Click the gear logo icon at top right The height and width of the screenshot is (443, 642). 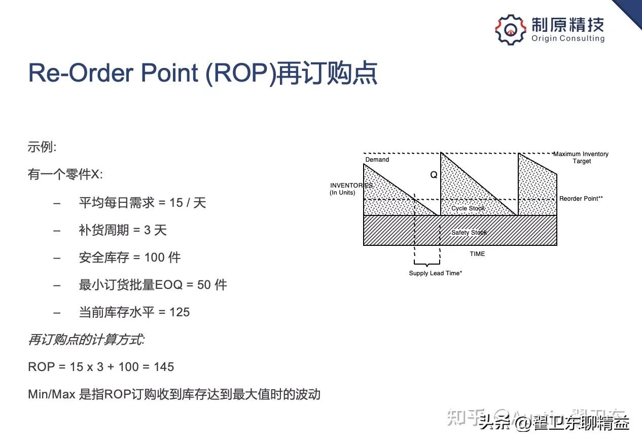click(x=511, y=29)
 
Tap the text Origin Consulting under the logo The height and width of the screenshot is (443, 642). click(x=568, y=39)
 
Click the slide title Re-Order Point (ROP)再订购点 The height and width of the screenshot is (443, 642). click(x=202, y=73)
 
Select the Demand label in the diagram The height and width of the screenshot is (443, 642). click(x=377, y=160)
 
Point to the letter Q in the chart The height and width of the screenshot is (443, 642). click(x=434, y=175)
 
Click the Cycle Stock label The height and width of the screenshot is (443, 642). click(x=468, y=208)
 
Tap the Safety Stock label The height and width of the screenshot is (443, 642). click(x=469, y=233)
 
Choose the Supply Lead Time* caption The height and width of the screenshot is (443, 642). click(x=435, y=273)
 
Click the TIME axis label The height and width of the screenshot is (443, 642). click(x=477, y=254)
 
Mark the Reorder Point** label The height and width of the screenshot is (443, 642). click(x=581, y=199)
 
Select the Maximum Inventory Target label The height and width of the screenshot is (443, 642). click(x=581, y=158)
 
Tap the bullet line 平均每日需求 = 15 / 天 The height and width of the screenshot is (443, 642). click(x=142, y=203)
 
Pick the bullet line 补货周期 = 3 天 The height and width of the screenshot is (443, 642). click(x=123, y=230)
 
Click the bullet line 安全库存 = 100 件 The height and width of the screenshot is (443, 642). click(x=129, y=257)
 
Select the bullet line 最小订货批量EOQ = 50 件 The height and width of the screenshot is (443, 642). click(x=153, y=285)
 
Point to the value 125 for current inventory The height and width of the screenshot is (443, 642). click(x=180, y=312)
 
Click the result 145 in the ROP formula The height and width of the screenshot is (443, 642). click(x=164, y=366)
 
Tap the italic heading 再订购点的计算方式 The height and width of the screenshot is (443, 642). click(x=86, y=340)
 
